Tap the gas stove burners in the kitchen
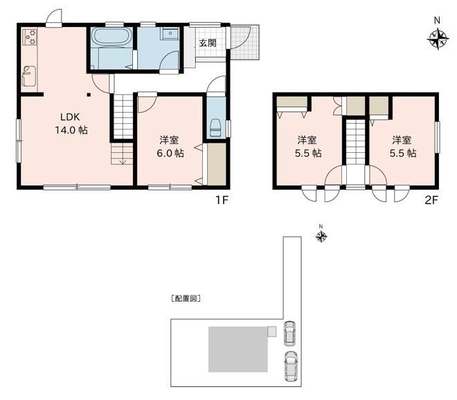coord(30,37)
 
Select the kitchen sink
coord(29,75)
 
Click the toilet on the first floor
coord(215,128)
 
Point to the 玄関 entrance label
coord(208,44)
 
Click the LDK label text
coord(70,117)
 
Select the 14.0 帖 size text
coord(71,130)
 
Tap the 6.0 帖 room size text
coord(170,153)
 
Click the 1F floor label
coord(222,200)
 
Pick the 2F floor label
coord(431,200)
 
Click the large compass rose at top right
coord(438,39)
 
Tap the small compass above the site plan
coord(321,236)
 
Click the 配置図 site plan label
coord(186,299)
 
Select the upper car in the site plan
coord(289,334)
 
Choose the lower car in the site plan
coord(291,366)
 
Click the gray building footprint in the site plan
coord(238,349)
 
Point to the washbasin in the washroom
coord(170,34)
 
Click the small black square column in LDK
coord(89,95)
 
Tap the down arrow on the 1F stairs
coord(123,161)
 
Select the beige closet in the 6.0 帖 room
coord(216,164)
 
